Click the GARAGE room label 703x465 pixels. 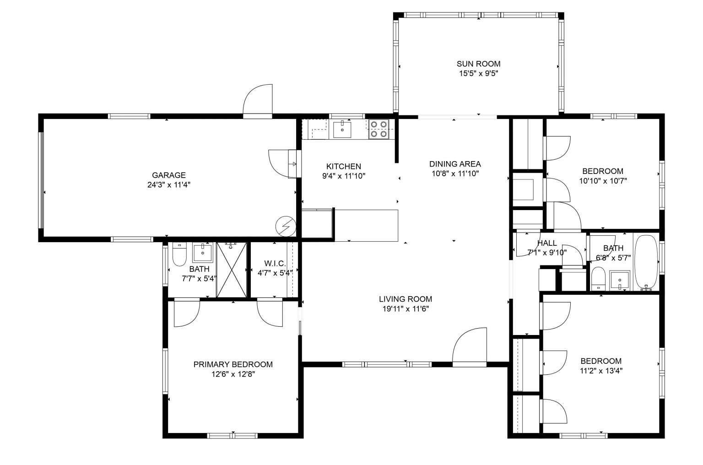coord(168,175)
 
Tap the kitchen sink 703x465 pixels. coord(342,130)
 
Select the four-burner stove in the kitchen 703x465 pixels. coord(379,129)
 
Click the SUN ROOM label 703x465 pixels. coord(478,64)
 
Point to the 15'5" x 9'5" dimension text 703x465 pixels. coord(478,73)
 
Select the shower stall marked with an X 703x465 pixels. coord(232,270)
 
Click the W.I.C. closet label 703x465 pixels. coord(275,264)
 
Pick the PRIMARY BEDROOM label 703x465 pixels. coord(233,364)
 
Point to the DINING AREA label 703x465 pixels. coord(454,164)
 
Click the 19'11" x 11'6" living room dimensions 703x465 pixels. coord(405,309)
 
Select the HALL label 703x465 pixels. coord(547,243)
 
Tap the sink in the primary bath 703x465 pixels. coord(202,252)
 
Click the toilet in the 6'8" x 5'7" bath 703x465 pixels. coord(597,279)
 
